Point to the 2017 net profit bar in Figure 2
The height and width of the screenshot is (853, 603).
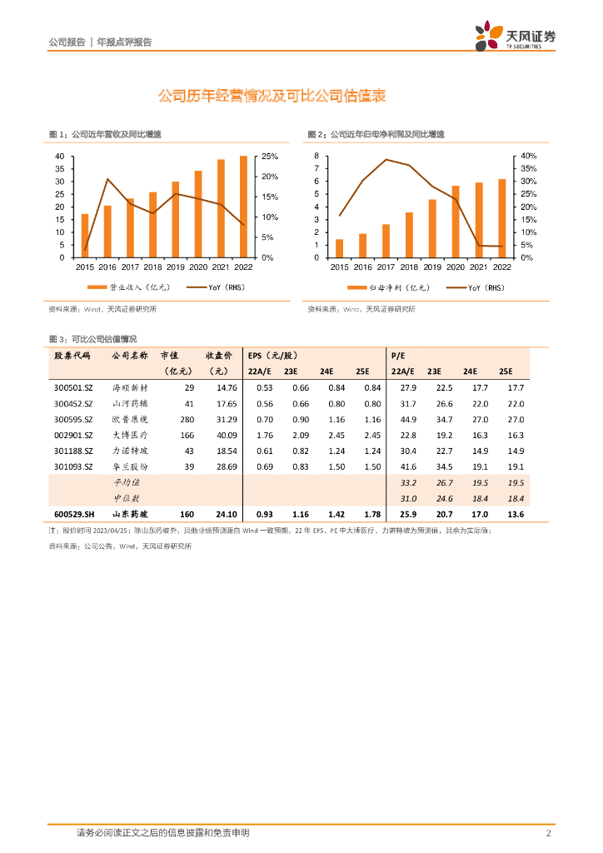(x=386, y=241)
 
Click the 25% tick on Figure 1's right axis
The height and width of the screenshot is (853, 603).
(x=270, y=157)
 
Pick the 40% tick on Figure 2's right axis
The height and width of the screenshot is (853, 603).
(x=530, y=157)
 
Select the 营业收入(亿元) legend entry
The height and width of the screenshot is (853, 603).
(x=134, y=287)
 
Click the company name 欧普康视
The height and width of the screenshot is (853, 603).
(x=130, y=419)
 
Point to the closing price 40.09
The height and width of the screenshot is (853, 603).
(x=227, y=435)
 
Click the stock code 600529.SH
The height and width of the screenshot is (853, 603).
(x=73, y=514)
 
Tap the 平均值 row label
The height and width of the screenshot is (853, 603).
(x=127, y=482)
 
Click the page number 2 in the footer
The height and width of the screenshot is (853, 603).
(x=549, y=833)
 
